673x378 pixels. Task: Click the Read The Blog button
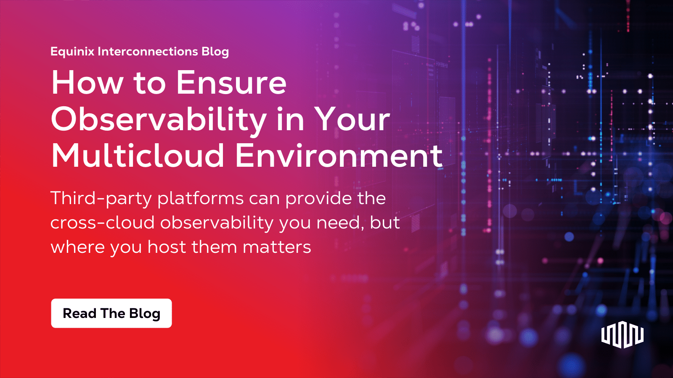(111, 313)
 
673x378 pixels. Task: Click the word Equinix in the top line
(72, 52)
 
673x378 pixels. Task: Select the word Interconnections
(148, 52)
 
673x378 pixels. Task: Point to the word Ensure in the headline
(231, 83)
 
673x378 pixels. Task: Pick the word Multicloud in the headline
(138, 156)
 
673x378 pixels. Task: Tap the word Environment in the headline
(339, 156)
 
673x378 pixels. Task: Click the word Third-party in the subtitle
(101, 199)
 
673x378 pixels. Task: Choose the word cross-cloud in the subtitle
(103, 223)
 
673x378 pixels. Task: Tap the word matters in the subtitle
(277, 247)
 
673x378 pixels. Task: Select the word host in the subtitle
(167, 247)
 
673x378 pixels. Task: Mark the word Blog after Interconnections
(215, 52)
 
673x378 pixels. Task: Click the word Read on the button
(79, 313)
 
